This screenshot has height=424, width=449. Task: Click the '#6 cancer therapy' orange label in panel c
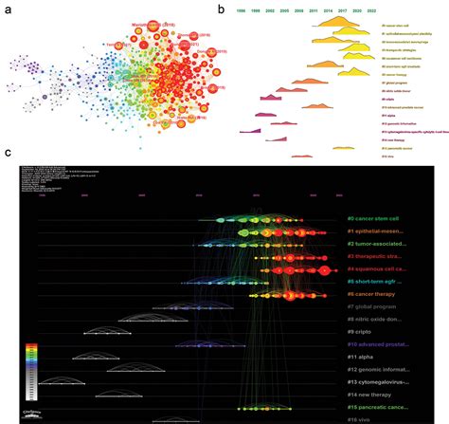[375, 294]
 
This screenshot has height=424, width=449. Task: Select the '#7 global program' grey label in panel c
[374, 306]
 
